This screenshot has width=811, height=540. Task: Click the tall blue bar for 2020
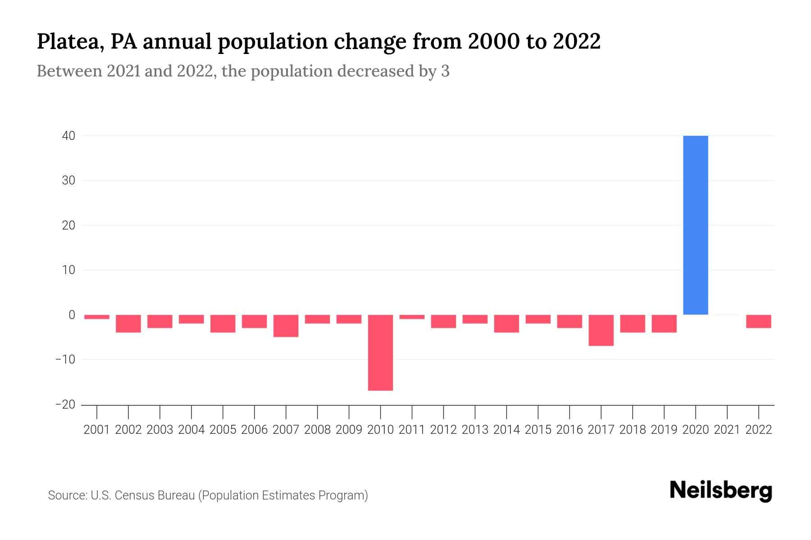(x=696, y=225)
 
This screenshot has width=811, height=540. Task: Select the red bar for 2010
(x=380, y=352)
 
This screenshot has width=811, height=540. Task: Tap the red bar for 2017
(x=601, y=330)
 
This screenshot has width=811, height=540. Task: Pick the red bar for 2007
(x=286, y=326)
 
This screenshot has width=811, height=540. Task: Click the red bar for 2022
(x=759, y=321)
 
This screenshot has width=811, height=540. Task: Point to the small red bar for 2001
(x=97, y=317)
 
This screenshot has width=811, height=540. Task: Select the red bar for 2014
(x=506, y=324)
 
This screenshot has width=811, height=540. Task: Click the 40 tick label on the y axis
(x=68, y=135)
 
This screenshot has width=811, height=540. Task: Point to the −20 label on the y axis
(x=65, y=405)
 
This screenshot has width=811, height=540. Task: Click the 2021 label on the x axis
(x=727, y=430)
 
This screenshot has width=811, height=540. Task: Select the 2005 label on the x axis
(x=223, y=430)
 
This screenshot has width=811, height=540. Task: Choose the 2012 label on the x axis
(x=443, y=430)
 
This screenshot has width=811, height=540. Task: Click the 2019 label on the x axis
(x=664, y=430)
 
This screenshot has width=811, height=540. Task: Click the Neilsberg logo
(x=721, y=490)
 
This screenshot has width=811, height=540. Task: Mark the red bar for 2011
(x=412, y=317)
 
